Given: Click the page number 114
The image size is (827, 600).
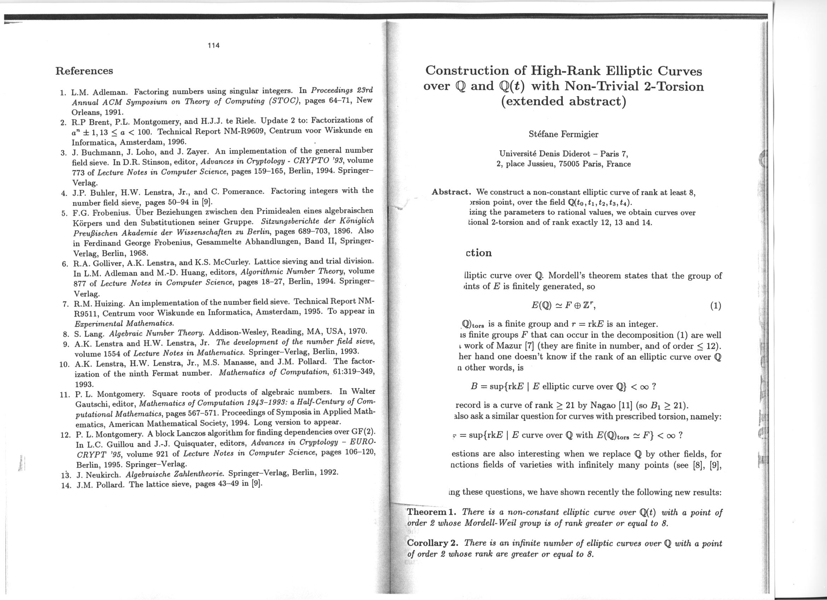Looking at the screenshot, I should pos(214,45).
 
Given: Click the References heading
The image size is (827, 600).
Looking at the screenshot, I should pos(84,70).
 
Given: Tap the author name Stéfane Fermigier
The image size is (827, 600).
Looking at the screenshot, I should pos(563,134).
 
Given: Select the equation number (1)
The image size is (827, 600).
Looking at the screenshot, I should pos(715,306).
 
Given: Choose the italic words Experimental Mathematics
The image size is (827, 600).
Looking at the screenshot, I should pos(124,323).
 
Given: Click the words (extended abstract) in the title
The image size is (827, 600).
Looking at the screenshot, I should pos(563,101).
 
